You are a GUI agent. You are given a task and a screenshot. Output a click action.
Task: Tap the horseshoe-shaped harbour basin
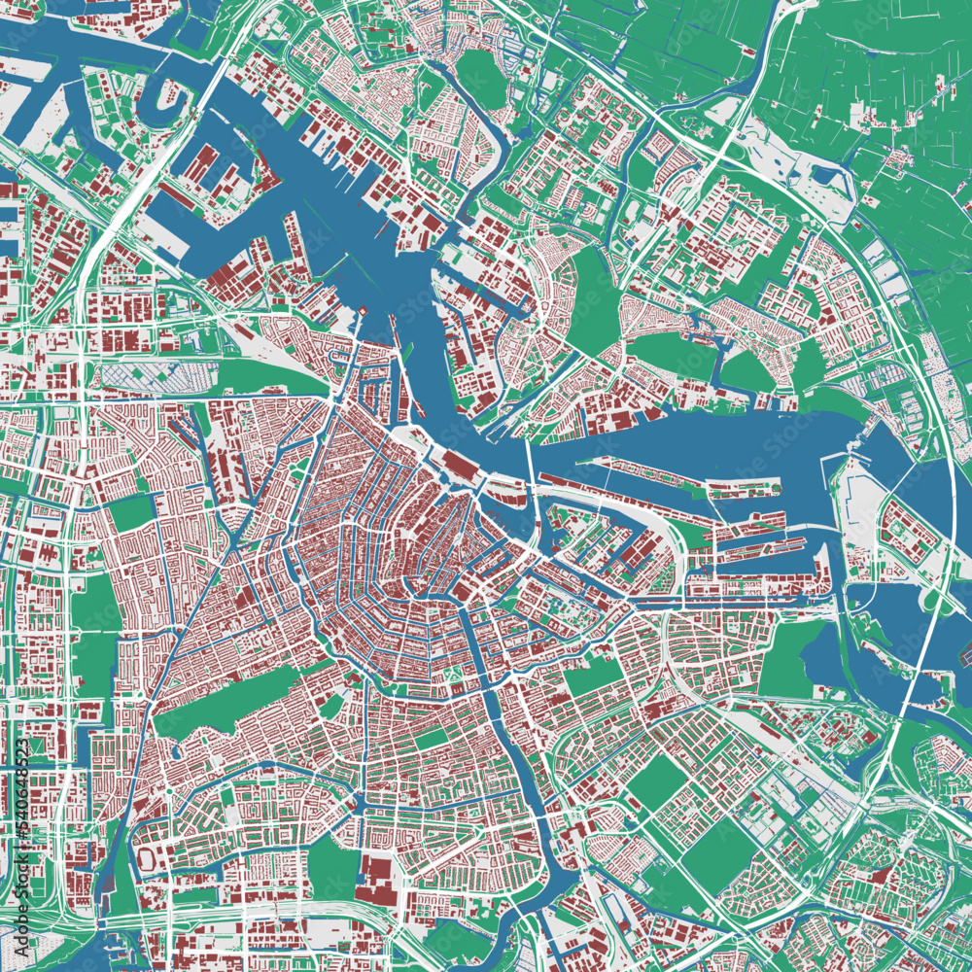(x=160, y=107)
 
